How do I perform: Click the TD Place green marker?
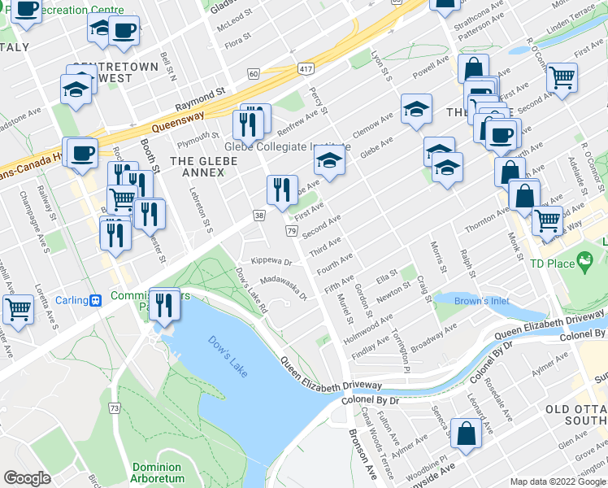tap(584, 262)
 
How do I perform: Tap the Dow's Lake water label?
tap(227, 356)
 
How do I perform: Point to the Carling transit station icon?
tap(96, 299)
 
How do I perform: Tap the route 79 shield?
tap(291, 232)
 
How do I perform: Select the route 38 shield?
tap(258, 216)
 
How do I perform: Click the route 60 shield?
tap(254, 74)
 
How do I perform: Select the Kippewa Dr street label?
tap(271, 261)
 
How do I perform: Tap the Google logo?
tap(28, 478)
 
